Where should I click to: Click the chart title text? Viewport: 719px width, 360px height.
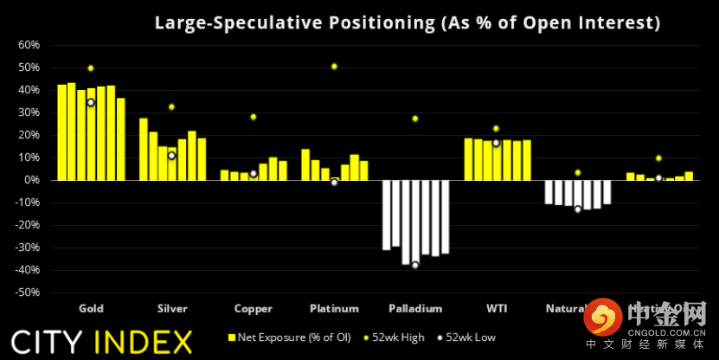click(407, 23)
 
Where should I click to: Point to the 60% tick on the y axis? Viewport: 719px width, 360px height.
click(29, 45)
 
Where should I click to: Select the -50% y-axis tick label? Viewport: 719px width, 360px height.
click(27, 292)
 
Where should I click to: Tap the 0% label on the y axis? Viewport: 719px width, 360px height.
click(32, 180)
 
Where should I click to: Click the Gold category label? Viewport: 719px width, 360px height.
click(91, 308)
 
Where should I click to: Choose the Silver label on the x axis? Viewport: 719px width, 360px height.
click(172, 308)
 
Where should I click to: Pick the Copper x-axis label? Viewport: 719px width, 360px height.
click(253, 308)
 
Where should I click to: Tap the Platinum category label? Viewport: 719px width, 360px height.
click(334, 308)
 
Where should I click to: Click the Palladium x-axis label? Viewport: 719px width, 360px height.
click(415, 308)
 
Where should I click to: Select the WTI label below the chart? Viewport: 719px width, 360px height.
click(497, 308)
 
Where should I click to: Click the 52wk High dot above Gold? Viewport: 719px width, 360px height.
click(91, 68)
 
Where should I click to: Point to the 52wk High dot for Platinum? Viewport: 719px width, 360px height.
click(334, 67)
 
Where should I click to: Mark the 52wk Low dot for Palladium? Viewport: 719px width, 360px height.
click(415, 265)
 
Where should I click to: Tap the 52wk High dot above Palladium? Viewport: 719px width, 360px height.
click(415, 119)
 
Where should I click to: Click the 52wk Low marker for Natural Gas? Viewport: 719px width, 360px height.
click(577, 209)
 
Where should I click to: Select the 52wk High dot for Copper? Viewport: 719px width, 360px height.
click(254, 117)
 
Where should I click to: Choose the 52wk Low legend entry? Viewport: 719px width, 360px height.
click(466, 337)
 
